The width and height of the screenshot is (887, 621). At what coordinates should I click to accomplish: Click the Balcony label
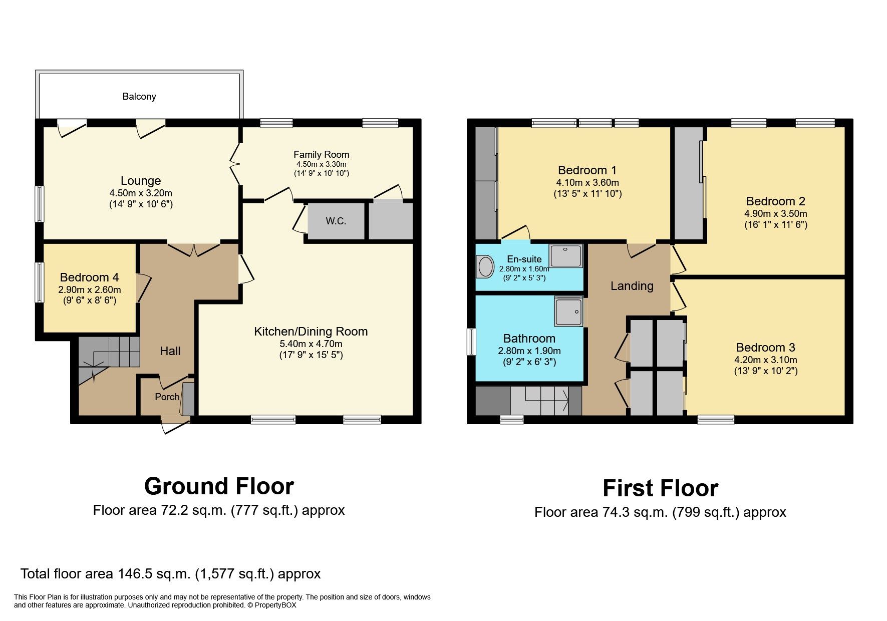point(139,96)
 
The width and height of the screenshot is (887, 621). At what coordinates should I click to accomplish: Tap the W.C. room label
point(336,221)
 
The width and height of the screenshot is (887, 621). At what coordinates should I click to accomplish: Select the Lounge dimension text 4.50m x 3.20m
point(141,193)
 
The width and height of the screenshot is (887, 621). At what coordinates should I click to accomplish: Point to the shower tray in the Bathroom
point(568,310)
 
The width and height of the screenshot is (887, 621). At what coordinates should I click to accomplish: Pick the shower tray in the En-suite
point(565,256)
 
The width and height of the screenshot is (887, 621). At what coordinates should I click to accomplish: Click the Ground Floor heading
point(219,486)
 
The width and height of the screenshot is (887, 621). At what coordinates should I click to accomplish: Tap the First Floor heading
point(660,488)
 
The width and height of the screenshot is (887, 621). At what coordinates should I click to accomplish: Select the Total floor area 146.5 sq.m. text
point(170,574)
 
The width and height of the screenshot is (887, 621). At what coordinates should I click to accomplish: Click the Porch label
point(167,397)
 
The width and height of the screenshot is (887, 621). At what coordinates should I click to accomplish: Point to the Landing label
point(632,286)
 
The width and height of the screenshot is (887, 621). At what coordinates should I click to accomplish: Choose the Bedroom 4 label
point(89,277)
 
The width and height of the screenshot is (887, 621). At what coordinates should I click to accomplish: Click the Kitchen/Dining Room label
point(311,331)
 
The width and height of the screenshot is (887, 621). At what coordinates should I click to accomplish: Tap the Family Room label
point(321,154)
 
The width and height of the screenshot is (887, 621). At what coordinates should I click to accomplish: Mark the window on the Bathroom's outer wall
point(471,342)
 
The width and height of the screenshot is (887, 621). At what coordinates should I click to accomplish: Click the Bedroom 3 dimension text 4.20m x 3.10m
point(765,360)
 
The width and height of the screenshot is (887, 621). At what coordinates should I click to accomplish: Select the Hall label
point(170,351)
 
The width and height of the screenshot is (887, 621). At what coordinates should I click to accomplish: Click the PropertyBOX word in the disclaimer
point(275,605)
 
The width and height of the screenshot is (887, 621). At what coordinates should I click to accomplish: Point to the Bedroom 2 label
point(775,201)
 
